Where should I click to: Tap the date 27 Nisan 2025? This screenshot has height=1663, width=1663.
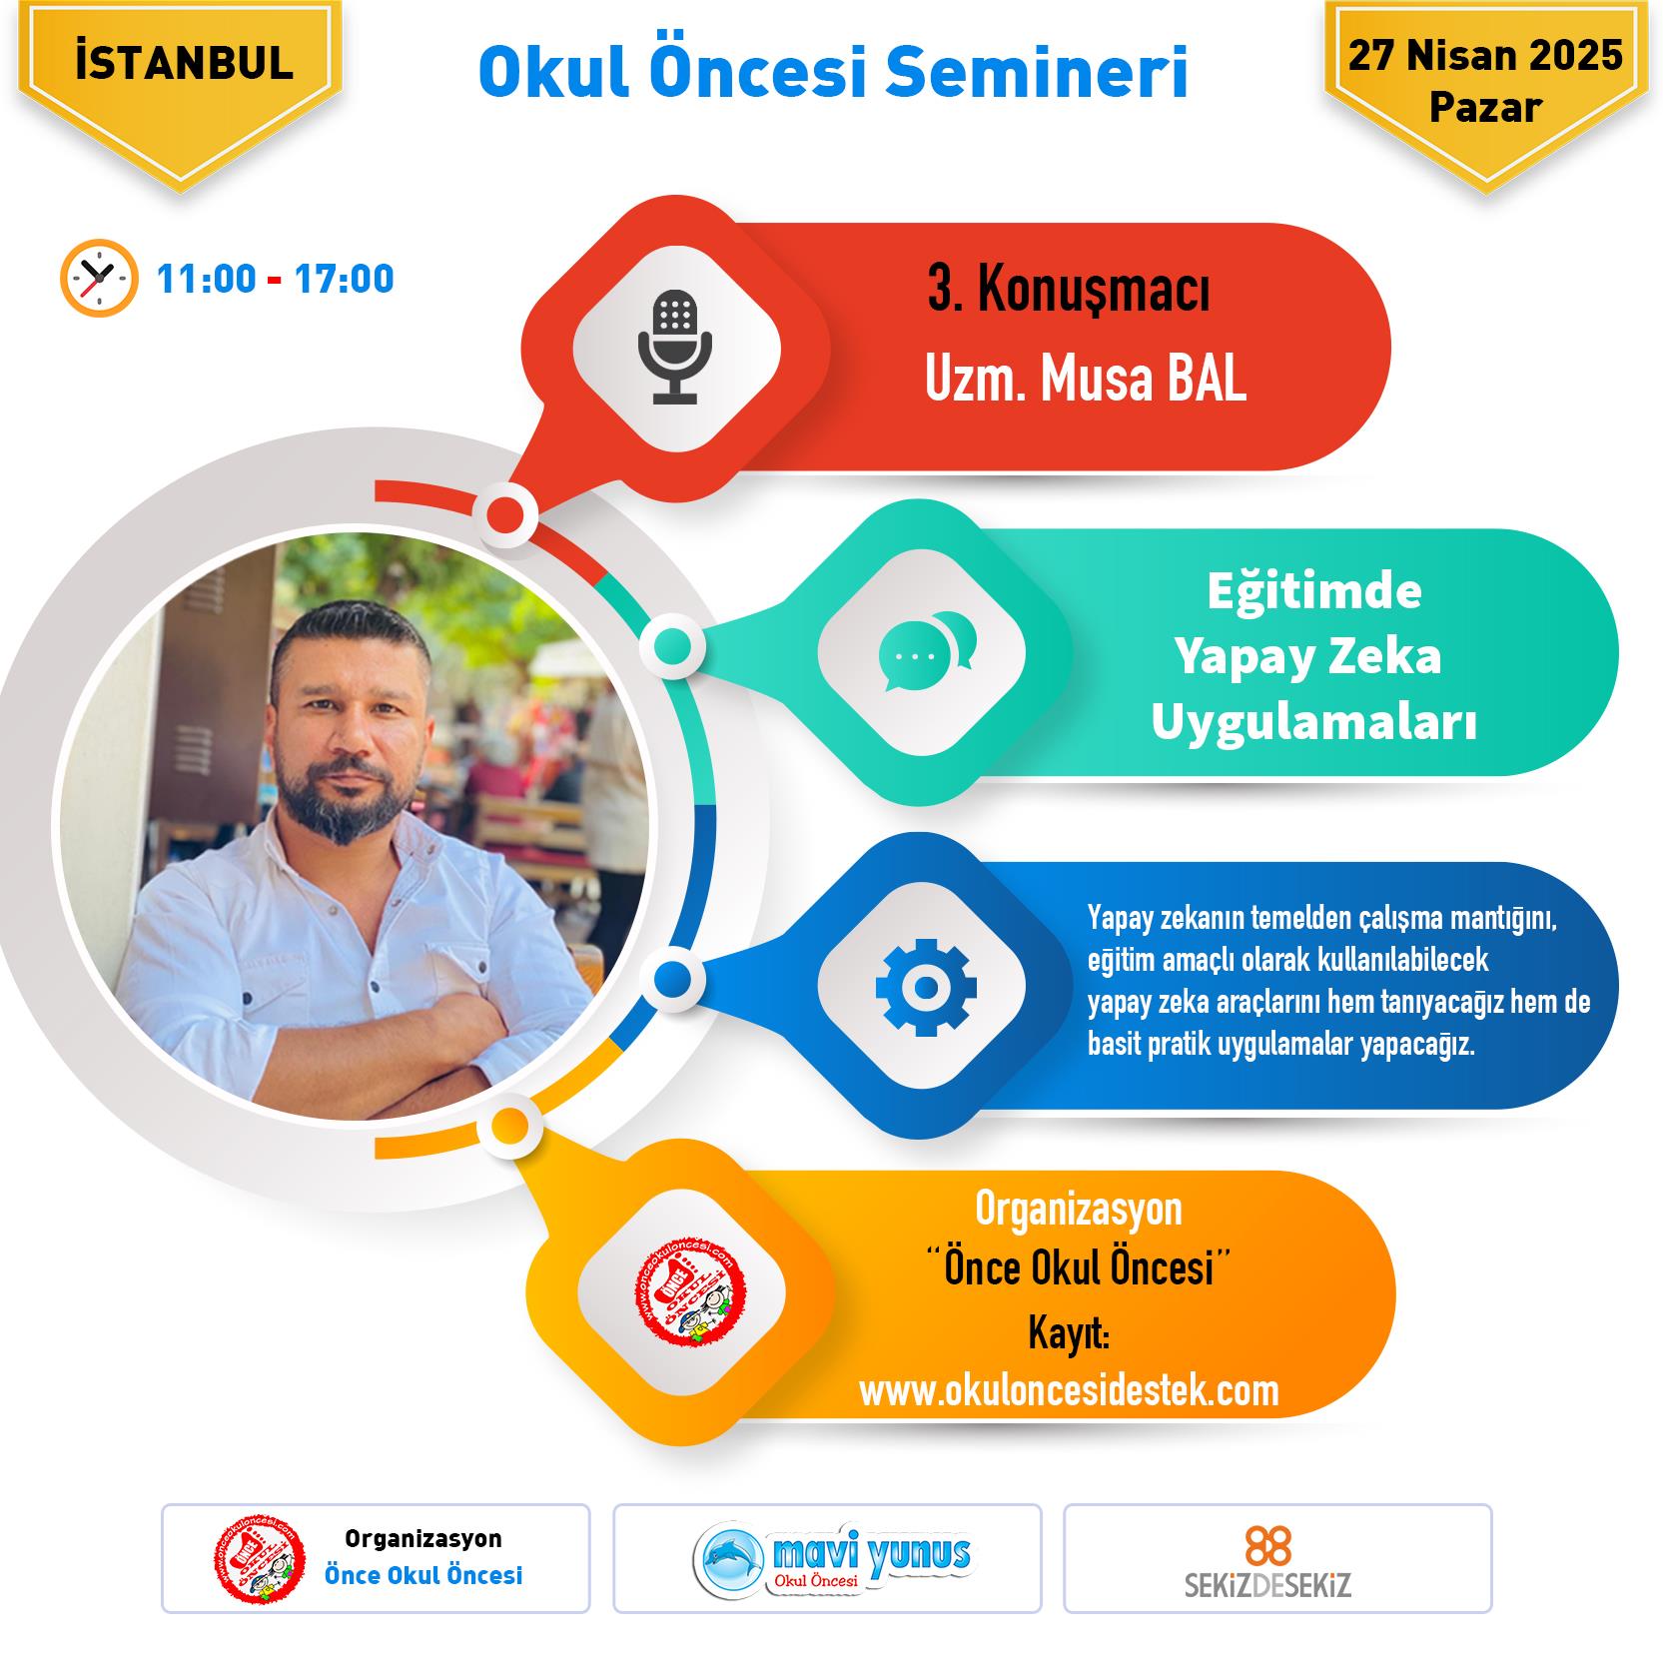tap(1485, 55)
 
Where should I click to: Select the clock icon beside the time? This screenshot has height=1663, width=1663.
tap(98, 278)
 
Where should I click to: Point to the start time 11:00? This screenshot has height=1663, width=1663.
tap(206, 279)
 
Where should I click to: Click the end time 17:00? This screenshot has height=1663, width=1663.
tap(345, 279)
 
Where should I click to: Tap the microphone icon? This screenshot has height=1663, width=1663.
tap(675, 348)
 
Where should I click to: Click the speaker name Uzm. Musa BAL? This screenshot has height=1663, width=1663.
tap(1086, 382)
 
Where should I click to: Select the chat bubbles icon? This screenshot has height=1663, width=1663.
tap(927, 651)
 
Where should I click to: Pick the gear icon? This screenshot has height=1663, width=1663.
tap(926, 986)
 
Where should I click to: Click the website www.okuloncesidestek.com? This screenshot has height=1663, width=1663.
tap(1069, 1390)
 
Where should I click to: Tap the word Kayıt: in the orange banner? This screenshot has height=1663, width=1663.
tap(1069, 1336)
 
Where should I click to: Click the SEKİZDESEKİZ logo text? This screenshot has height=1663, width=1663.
tap(1267, 1585)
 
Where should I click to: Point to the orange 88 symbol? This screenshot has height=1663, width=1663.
tap(1268, 1547)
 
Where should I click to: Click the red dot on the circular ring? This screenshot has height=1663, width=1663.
tap(505, 514)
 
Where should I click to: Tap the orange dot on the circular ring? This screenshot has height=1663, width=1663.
tap(509, 1127)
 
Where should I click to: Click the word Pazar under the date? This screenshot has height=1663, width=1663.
tap(1486, 106)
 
